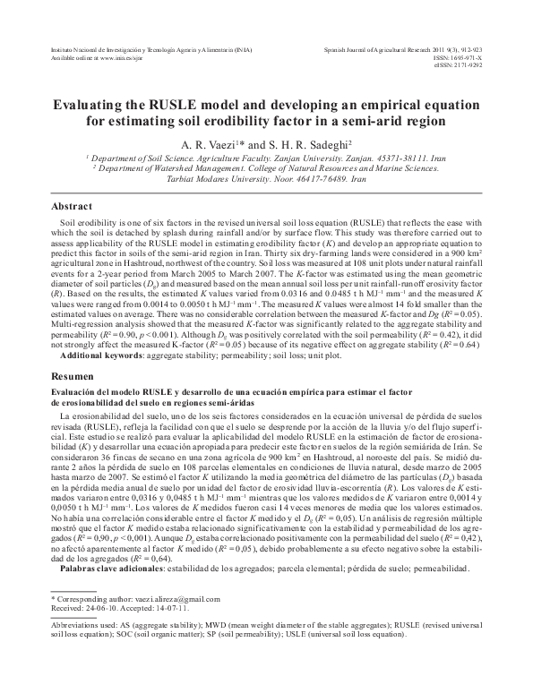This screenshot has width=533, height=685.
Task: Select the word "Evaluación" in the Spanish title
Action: (x=73, y=395)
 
